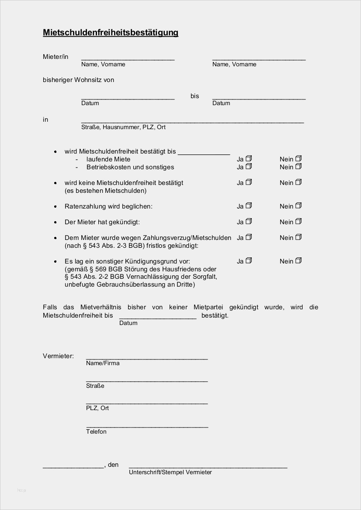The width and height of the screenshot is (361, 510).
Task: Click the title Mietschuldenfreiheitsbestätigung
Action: tap(111, 33)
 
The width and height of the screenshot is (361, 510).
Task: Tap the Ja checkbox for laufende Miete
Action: tap(248, 159)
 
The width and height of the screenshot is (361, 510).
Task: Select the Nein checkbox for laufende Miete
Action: tap(298, 159)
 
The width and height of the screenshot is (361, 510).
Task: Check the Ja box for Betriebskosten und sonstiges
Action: tap(248, 167)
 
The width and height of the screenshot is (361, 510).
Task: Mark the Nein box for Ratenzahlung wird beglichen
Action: tap(298, 206)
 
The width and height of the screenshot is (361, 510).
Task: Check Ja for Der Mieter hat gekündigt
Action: tap(248, 222)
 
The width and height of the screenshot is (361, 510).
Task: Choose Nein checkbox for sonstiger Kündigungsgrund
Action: tap(298, 261)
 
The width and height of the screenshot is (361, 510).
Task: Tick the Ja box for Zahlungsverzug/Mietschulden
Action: tap(248, 237)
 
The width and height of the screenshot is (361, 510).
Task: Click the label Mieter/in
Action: tap(56, 57)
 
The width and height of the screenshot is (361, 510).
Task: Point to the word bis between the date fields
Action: tap(194, 96)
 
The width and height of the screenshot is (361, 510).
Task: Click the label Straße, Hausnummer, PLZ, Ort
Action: tap(123, 127)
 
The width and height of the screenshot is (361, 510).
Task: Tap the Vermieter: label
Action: tap(58, 356)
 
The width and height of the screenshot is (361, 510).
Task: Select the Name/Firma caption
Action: tap(103, 363)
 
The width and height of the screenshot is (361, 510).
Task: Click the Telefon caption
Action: tap(96, 431)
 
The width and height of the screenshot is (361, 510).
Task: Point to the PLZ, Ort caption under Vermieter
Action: tap(97, 408)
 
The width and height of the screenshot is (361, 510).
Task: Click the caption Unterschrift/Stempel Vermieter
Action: tap(170, 472)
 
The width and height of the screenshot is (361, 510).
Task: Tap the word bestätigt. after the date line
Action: tap(215, 315)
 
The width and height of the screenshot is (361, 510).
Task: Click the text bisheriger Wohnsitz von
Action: tap(78, 80)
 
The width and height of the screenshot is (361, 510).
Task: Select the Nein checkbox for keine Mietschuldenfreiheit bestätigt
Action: tap(298, 182)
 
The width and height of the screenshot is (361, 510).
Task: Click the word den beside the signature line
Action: tap(113, 465)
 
